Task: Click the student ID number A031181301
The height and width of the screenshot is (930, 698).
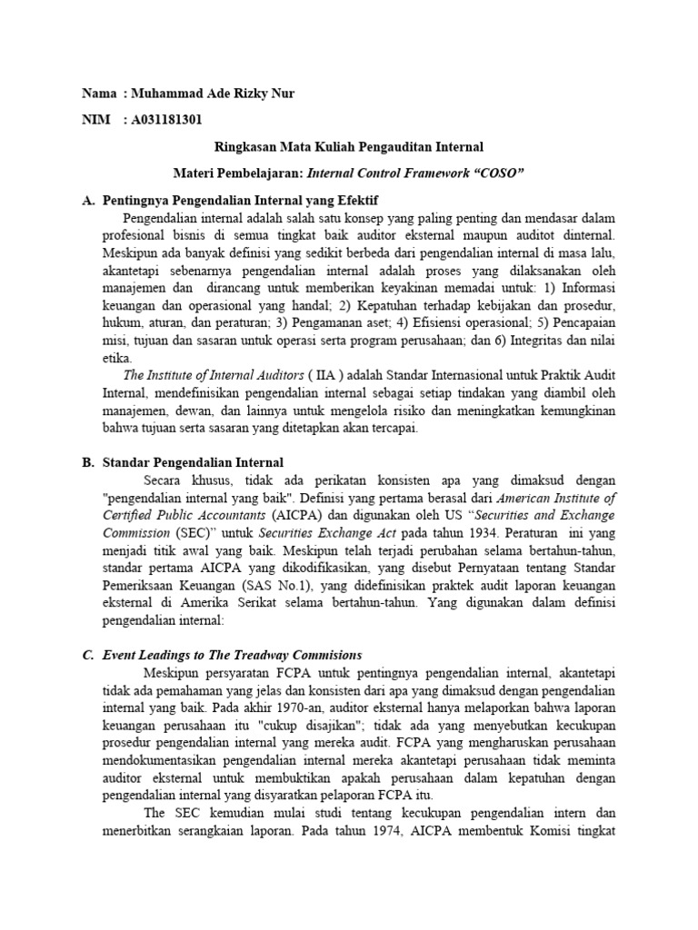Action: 166,118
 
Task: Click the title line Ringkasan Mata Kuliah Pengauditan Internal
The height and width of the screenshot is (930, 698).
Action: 349,145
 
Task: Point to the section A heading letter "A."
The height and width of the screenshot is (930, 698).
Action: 88,199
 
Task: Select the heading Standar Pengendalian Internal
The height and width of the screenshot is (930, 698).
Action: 193,462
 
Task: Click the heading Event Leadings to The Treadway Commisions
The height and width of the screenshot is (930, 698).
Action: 232,654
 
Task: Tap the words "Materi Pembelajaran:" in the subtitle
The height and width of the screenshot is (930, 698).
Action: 239,172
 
